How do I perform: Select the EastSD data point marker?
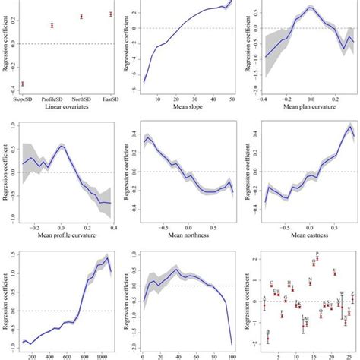coord(110,14)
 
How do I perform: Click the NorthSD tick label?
coord(81,98)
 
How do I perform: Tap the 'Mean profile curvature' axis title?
coord(66,233)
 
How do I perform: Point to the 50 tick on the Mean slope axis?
coord(231,98)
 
